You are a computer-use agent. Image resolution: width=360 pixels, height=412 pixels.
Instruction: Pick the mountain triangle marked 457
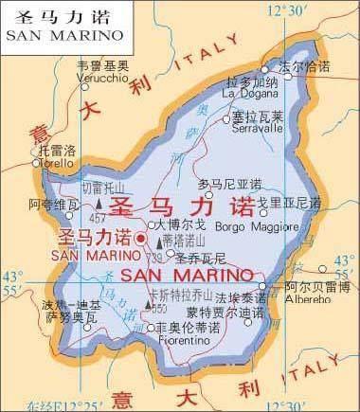click(x=99, y=203)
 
